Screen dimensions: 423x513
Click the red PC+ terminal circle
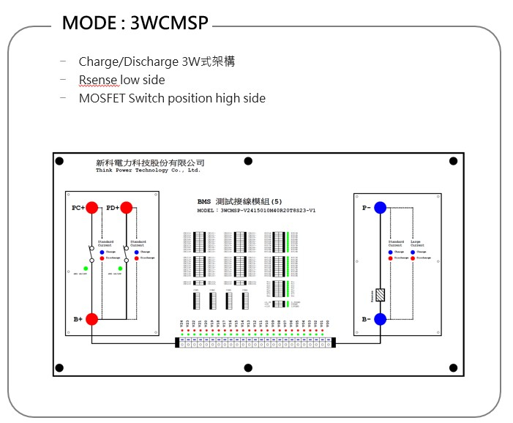pos(92,208)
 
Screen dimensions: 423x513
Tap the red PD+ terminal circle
pos(126,208)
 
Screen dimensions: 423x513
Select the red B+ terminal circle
pos(92,319)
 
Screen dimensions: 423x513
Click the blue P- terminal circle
pos(380,208)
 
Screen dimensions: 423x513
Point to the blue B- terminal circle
pos(380,319)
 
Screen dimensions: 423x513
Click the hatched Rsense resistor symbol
pos(380,295)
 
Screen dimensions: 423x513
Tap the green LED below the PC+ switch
pos(86,269)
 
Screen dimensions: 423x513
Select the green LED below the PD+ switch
pos(119,269)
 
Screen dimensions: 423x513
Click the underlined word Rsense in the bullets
pos(99,80)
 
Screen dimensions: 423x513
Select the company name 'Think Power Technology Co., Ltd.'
pos(148,170)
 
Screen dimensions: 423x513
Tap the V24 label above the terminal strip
pos(181,323)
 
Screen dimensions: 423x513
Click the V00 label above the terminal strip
pos(328,323)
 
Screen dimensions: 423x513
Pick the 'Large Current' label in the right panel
pos(417,243)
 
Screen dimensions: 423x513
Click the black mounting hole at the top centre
pos(248,161)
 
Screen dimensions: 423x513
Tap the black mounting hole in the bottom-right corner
pos(453,367)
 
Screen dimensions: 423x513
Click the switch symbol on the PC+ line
pos(91,253)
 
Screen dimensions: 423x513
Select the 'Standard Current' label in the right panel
pos(396,243)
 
